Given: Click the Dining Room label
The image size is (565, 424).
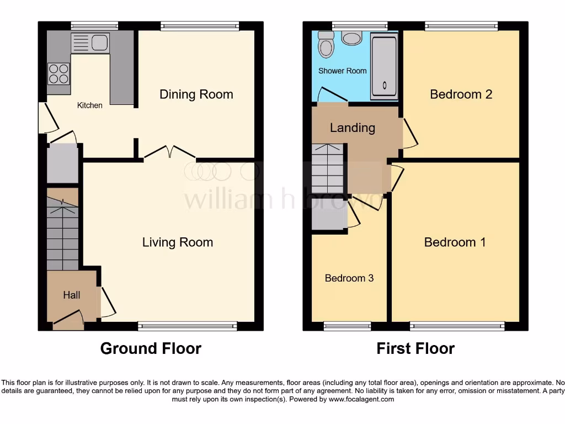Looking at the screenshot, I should (196, 94).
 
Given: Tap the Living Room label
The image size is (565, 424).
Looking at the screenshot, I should (177, 242).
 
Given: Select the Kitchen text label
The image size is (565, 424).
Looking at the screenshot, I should (89, 105).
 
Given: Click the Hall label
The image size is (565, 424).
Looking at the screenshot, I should (71, 295).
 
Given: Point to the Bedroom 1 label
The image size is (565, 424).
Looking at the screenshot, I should (455, 242).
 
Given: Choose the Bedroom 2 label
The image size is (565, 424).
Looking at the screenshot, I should (461, 94).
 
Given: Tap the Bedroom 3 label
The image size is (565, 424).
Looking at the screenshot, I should (349, 278).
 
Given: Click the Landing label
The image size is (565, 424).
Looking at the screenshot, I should (352, 128).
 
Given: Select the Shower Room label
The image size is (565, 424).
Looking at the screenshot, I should (342, 71).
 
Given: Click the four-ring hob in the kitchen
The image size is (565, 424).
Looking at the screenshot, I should (59, 74).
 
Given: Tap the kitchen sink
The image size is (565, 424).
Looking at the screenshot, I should (91, 43).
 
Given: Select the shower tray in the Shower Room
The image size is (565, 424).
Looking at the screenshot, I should (383, 66).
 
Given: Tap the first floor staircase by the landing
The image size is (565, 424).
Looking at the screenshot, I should (327, 168).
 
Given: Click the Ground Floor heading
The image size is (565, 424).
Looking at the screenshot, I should (151, 348).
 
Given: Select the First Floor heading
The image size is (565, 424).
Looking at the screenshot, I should (415, 348).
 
